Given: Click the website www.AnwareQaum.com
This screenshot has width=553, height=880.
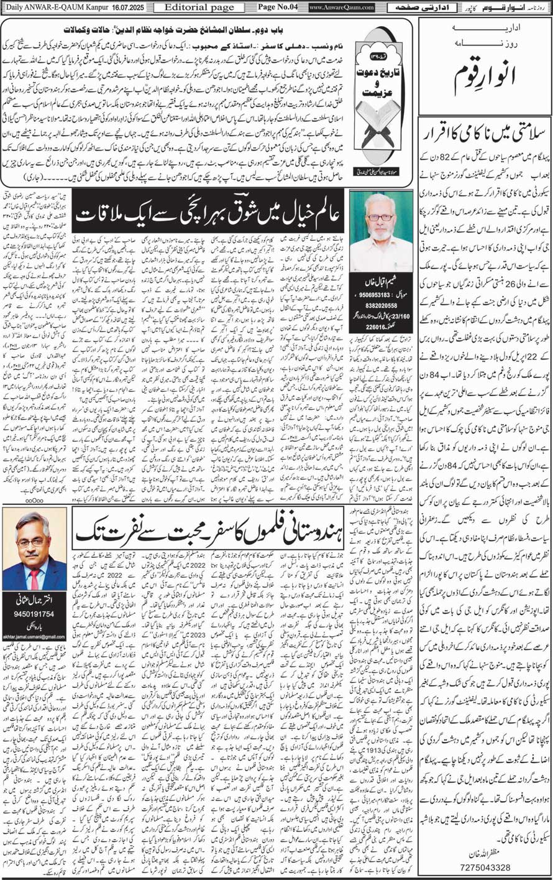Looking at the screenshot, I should point(341,7).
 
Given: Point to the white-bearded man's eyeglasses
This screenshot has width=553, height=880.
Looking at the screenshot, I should point(380,217).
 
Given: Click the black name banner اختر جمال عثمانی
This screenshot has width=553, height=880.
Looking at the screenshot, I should point(35,601).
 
